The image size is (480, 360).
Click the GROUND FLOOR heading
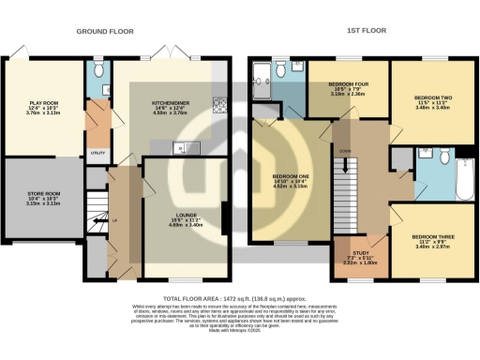[104, 31]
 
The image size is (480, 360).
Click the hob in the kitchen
[220, 105]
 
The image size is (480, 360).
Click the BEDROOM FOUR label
[348, 83]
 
